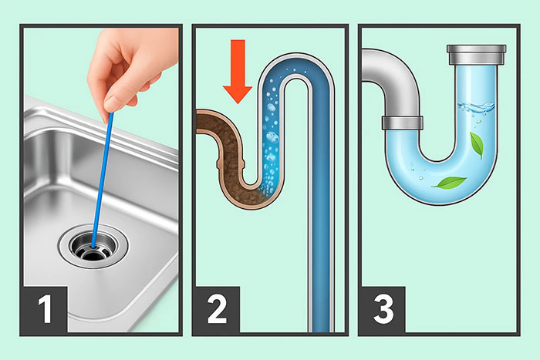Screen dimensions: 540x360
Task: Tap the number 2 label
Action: [218, 309]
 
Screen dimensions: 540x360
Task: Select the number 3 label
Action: [383, 309]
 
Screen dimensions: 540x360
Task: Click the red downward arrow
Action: [238, 72]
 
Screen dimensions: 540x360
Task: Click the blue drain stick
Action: [102, 180]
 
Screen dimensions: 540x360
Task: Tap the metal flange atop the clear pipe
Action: [476, 55]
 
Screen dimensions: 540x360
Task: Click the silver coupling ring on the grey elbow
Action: [402, 123]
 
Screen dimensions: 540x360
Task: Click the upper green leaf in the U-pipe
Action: [477, 145]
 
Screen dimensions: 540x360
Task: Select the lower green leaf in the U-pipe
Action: [449, 183]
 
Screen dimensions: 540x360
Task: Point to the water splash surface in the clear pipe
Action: [476, 106]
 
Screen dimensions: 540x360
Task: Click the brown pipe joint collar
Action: [231, 163]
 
